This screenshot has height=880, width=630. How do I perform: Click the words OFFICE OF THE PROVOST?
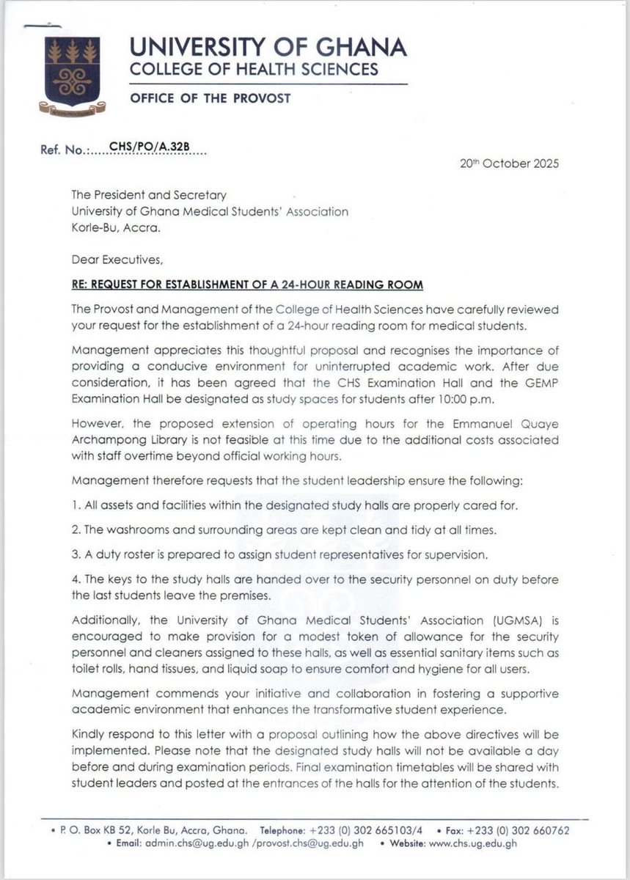point(194,99)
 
